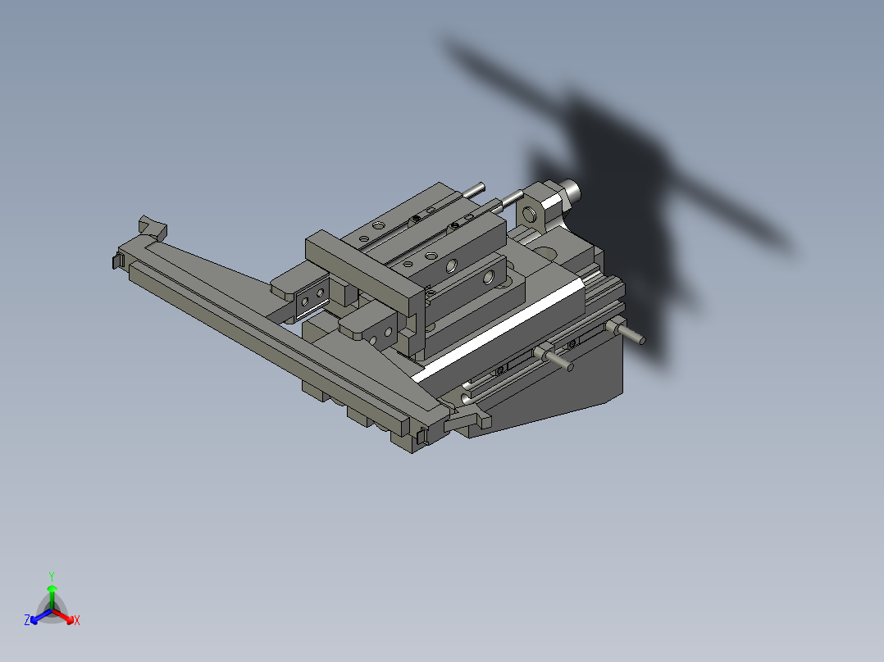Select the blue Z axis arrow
[37, 615]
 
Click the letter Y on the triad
[52, 575]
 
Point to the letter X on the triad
[77, 621]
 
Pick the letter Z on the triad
[27, 620]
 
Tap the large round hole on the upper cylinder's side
[450, 265]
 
